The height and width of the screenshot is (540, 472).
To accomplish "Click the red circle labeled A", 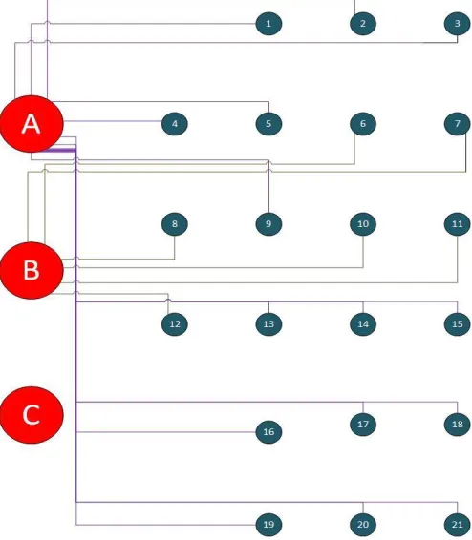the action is (32, 124).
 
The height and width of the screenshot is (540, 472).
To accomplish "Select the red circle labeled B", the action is (32, 270).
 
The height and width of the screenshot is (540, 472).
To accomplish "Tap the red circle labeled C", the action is (32, 415).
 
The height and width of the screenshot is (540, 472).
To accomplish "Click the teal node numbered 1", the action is (268, 24).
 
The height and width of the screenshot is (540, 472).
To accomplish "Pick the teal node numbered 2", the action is (363, 24).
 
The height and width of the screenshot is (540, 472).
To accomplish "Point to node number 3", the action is (457, 24).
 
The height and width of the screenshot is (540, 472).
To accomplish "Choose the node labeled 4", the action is (175, 124).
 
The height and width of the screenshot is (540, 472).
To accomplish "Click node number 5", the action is (268, 124).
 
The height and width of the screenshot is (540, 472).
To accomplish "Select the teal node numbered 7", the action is (457, 124).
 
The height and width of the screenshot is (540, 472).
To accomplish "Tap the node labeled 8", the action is (175, 224).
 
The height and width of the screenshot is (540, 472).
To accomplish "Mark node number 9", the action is (268, 224).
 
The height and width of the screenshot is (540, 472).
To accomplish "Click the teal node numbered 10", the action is (363, 224).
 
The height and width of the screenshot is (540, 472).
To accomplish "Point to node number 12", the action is (175, 324).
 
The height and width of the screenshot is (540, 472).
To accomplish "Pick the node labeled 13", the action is (268, 324).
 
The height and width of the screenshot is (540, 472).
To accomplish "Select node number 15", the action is (457, 324).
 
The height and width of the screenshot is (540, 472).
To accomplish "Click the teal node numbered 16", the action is (268, 432).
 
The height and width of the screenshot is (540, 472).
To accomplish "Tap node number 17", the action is (363, 425).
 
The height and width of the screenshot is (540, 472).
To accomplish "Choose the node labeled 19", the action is (268, 525).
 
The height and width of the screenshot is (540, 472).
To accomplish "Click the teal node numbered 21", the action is (457, 525).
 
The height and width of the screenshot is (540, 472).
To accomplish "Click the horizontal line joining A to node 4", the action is (113, 121).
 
